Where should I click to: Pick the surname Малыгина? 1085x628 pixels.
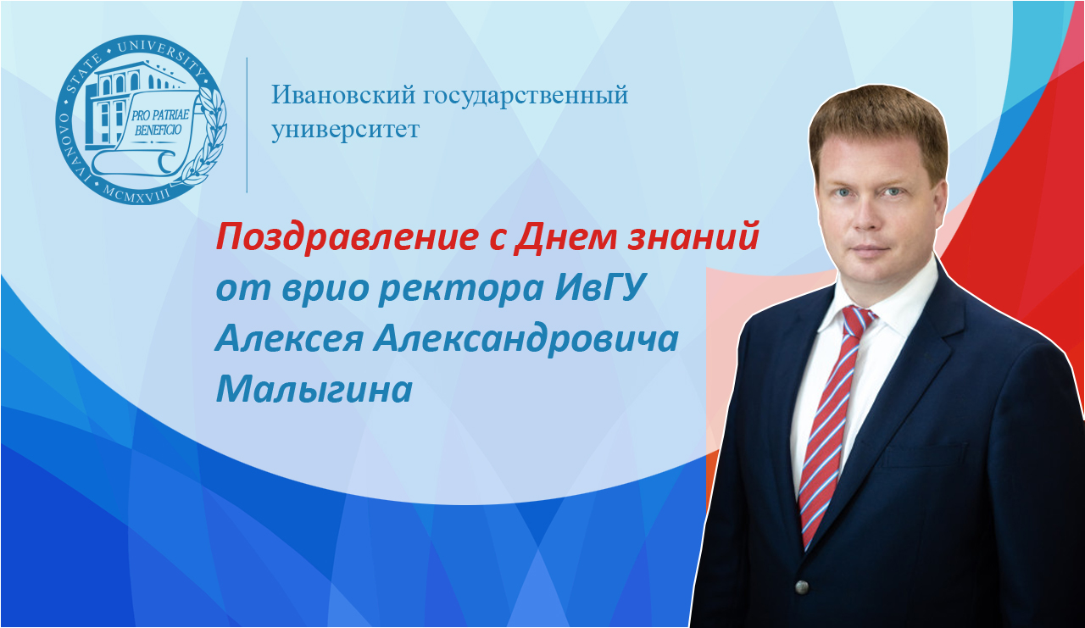coord(314,389)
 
